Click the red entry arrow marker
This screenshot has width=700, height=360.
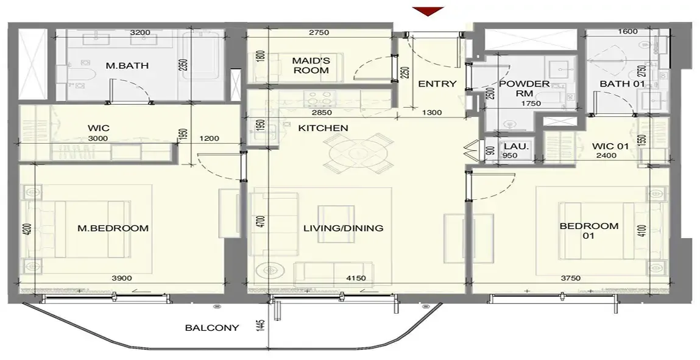[428, 11]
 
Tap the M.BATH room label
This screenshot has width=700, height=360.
[127, 66]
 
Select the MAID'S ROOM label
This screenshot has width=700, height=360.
[311, 66]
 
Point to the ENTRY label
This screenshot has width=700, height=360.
[437, 83]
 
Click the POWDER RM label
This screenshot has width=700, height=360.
[524, 88]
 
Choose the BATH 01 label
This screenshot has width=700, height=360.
[618, 83]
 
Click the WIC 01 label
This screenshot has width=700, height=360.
[610, 146]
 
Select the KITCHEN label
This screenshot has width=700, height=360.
[323, 128]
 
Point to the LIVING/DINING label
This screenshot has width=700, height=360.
[344, 228]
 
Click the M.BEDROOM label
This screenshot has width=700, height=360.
[113, 228]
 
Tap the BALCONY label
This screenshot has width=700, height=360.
[212, 328]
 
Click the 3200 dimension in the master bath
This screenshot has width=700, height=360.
[140, 32]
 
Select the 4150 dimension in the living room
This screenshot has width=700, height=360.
[356, 278]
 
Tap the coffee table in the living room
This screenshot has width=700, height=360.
[336, 224]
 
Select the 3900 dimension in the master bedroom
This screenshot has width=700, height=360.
[121, 278]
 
